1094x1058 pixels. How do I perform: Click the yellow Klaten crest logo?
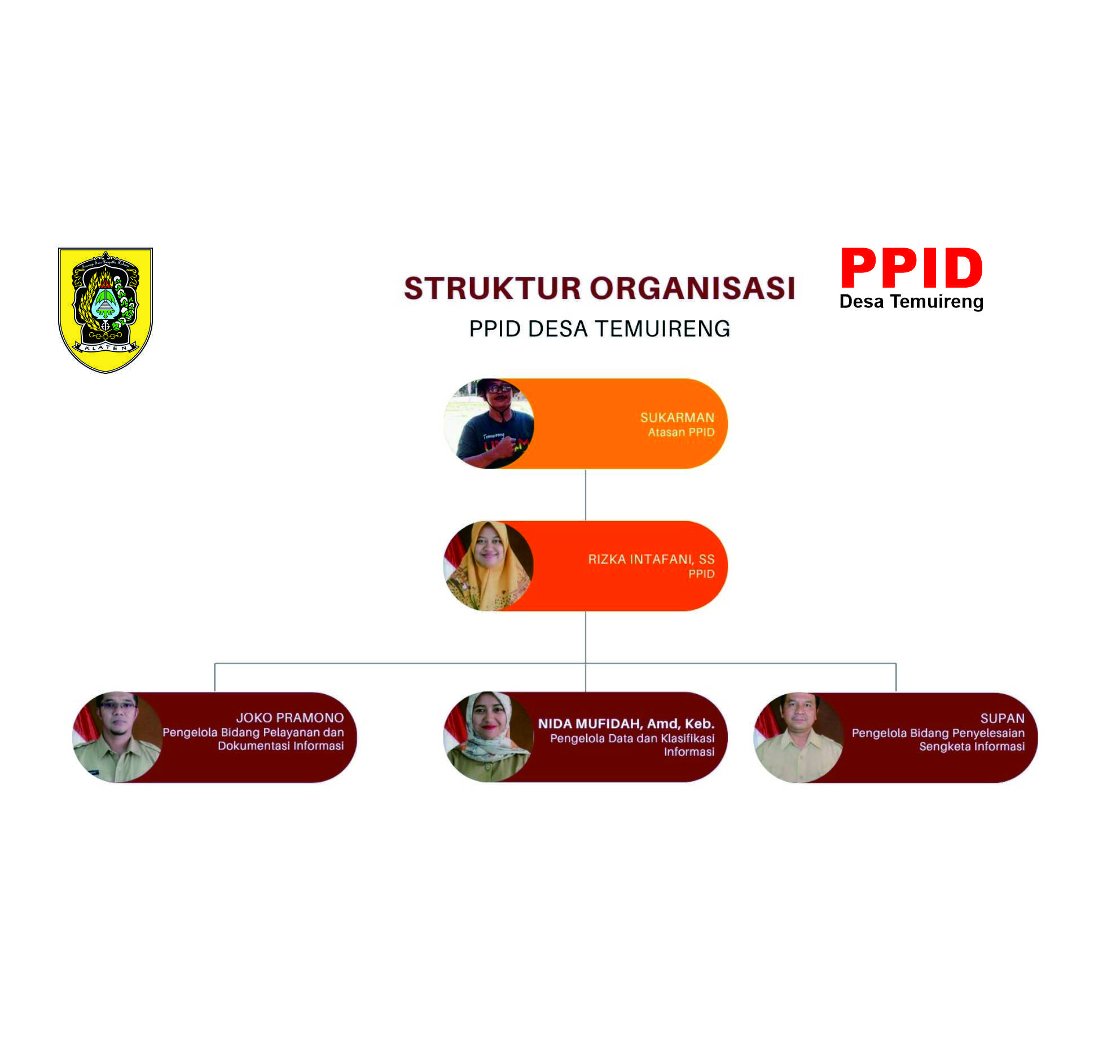106,310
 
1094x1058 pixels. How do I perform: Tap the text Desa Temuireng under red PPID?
911,302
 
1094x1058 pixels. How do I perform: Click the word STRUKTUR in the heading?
493,288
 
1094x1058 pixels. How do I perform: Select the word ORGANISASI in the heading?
693,288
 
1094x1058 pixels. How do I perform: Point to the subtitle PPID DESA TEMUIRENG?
600,329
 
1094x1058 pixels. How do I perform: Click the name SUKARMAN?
677,417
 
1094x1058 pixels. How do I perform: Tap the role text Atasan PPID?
681,432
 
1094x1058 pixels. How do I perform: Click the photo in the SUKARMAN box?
489,424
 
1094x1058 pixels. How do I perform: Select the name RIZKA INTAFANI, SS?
651,559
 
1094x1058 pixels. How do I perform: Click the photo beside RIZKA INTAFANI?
489,566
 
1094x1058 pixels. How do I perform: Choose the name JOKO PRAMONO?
290,717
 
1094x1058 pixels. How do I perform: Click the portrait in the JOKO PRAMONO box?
117,737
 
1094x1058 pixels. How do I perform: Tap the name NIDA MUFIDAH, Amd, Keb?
626,724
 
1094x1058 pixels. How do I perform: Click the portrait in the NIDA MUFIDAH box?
489,737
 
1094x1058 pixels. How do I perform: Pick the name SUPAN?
1003,718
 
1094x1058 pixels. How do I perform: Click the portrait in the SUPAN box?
798,737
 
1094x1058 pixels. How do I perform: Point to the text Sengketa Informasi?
972,747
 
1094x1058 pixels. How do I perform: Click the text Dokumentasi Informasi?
281,746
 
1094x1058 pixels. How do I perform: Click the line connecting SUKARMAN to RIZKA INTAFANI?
586,495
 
